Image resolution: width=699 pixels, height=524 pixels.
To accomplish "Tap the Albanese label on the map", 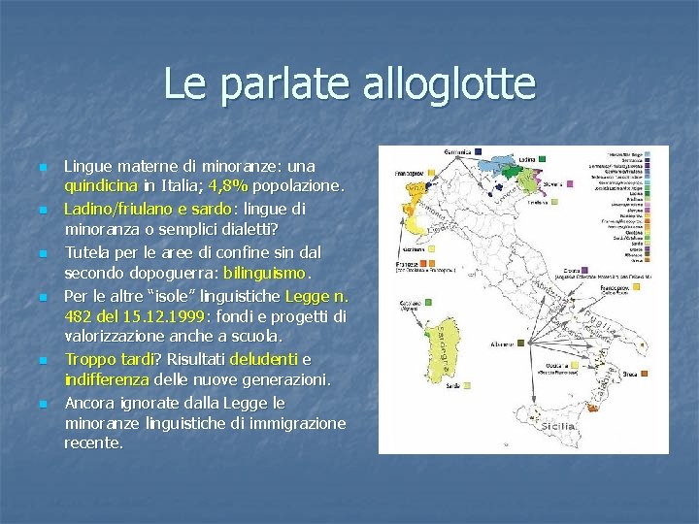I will click(x=503, y=344).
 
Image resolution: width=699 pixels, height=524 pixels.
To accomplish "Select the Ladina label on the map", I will click(x=526, y=157).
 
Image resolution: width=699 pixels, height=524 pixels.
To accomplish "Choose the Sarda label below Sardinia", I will click(x=424, y=386).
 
